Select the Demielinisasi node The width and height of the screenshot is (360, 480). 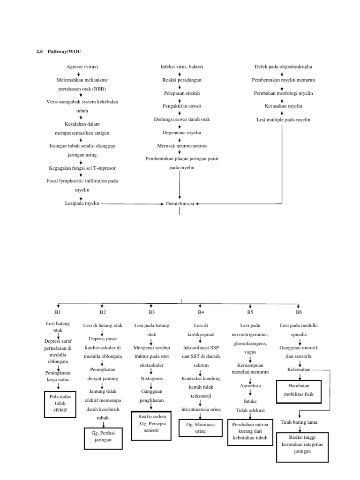pos(180,204)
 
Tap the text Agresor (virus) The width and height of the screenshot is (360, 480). pos(82,67)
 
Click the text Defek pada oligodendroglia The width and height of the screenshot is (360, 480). pos(283,67)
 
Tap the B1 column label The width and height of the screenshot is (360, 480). pos(58,312)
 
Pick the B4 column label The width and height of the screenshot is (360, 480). pos(201,312)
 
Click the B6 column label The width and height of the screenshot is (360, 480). pos(299,312)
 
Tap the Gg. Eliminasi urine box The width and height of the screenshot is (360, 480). pos(200,428)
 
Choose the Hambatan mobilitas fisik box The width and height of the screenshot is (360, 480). pos(300,391)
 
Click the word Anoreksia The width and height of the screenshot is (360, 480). pos(250,385)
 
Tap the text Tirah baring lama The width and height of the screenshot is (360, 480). pos(299,422)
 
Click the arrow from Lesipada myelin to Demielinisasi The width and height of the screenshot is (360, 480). pos(131,204)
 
